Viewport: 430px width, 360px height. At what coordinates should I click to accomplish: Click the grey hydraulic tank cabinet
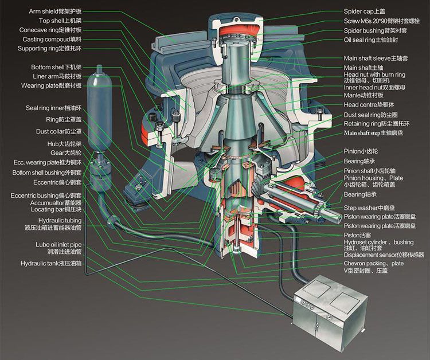point(330,313)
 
